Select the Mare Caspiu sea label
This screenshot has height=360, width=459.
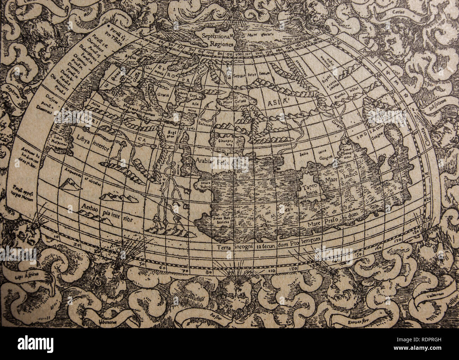point(231,102)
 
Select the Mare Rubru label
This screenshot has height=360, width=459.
point(205,185)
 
